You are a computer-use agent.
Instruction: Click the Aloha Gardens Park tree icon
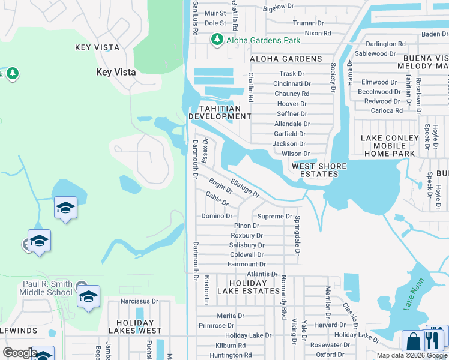(217, 40)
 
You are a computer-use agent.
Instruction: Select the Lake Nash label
(413, 296)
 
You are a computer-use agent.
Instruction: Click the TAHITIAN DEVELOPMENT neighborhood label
(219, 112)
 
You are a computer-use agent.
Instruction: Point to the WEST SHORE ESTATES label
(319, 170)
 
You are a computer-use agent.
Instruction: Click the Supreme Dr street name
(274, 216)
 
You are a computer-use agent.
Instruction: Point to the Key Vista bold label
(116, 72)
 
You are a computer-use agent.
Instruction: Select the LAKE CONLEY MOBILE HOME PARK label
(388, 146)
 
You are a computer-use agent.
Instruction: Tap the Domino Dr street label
(216, 216)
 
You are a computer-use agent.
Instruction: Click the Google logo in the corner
(19, 353)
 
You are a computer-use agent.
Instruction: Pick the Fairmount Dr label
(246, 264)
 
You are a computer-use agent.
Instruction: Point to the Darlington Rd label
(385, 44)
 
